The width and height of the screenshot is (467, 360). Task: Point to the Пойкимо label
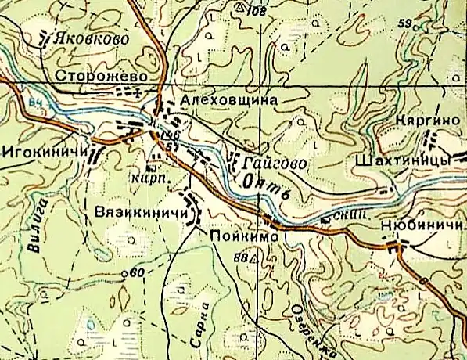click(x=239, y=233)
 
